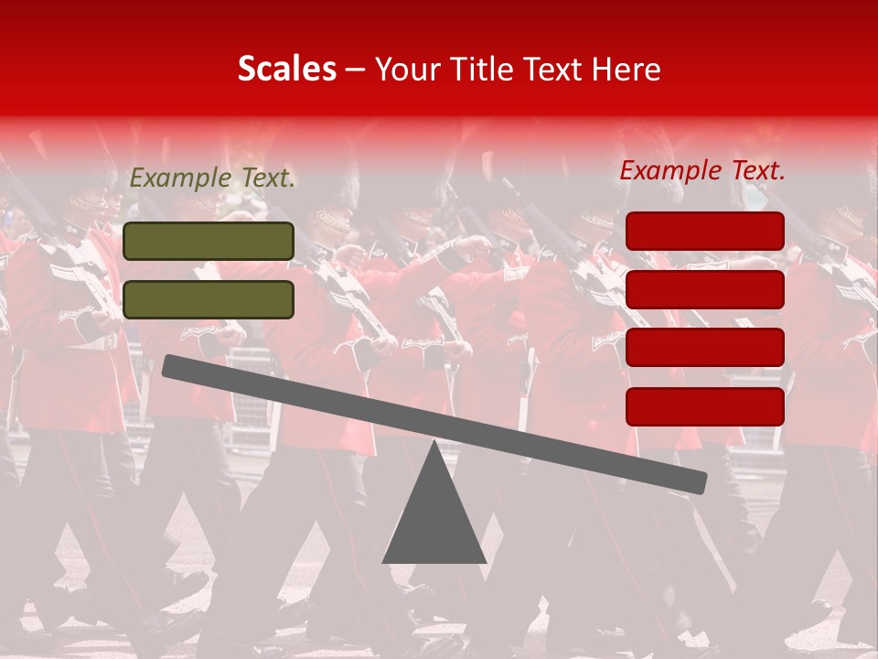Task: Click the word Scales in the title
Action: tap(286, 69)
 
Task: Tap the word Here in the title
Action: tap(626, 69)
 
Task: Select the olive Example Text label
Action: tap(212, 178)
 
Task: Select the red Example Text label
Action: tap(702, 170)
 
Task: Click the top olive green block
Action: tap(209, 241)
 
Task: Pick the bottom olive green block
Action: tap(209, 299)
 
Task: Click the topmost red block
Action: tap(705, 231)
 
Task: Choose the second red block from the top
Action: tap(705, 289)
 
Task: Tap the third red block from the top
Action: tap(705, 348)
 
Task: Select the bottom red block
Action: tap(705, 406)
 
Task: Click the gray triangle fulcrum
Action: tap(434, 517)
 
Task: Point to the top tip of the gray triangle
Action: tap(434, 443)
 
